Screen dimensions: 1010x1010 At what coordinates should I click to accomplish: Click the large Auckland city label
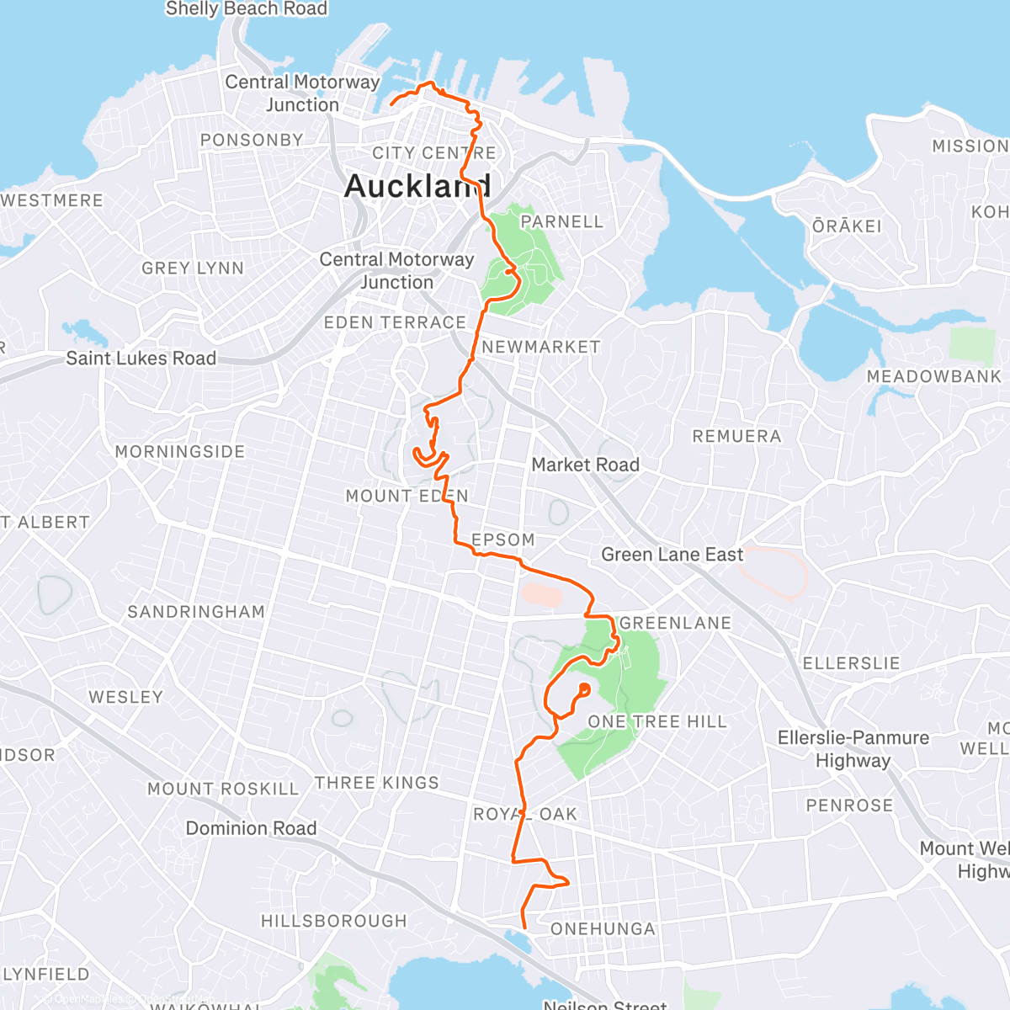(x=417, y=186)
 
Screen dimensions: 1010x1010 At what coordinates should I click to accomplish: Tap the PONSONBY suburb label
(x=252, y=140)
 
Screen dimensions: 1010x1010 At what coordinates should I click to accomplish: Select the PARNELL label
(x=562, y=221)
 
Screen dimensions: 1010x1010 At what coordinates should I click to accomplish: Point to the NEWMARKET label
(x=541, y=347)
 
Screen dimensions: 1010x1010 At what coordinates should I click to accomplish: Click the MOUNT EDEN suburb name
(x=407, y=496)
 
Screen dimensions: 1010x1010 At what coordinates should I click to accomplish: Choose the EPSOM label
(x=503, y=540)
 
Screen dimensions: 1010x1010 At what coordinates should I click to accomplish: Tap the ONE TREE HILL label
(x=657, y=721)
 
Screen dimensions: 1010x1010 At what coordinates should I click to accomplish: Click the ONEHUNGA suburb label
(x=603, y=928)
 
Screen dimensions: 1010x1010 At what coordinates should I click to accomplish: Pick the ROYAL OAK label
(x=525, y=814)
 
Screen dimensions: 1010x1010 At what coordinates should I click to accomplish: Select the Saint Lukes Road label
(x=141, y=358)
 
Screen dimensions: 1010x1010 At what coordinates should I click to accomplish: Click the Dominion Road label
(x=251, y=828)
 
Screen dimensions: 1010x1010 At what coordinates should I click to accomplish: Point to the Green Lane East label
(x=672, y=555)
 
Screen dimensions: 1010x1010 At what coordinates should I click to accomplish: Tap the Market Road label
(x=586, y=465)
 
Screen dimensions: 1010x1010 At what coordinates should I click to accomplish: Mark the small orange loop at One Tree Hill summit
(x=583, y=690)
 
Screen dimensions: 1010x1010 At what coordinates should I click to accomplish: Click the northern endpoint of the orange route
(x=392, y=104)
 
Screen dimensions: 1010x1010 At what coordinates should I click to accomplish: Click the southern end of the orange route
(x=524, y=928)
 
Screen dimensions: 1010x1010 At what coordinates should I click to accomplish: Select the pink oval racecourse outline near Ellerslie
(x=773, y=571)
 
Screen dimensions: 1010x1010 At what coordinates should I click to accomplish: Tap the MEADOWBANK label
(x=934, y=376)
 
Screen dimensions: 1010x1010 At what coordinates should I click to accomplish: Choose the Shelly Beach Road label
(x=247, y=9)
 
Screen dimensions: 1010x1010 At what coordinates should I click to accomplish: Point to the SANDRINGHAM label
(x=196, y=612)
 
